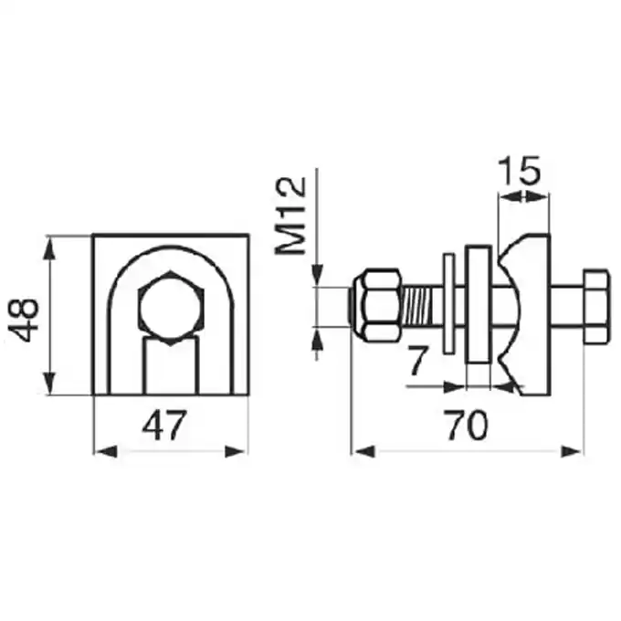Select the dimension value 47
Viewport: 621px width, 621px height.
click(163, 426)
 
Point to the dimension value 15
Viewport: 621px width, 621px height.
click(519, 171)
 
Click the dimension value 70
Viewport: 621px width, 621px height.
click(467, 426)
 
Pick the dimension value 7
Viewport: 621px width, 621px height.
click(418, 361)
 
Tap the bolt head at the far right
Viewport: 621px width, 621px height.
click(596, 306)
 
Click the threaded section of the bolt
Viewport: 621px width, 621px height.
click(422, 306)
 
